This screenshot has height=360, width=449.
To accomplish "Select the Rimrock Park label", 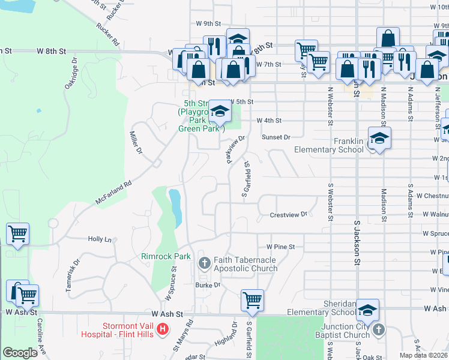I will coord(166,256).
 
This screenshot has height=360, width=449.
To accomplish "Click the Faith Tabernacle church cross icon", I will coord(204,262).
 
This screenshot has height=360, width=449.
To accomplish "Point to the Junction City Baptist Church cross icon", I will coord(378,329).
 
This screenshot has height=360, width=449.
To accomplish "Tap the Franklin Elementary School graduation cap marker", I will coord(379,138).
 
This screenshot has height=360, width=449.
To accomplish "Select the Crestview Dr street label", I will coord(288,214).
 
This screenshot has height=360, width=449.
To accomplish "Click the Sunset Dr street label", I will coord(276,137).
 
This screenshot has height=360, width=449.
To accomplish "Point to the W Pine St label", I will coord(281,247).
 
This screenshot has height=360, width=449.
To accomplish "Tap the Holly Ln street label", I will coord(100,239).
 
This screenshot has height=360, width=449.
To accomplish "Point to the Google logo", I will coord(20,353).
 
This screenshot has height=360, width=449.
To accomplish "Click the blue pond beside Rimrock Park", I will coord(175,207).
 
